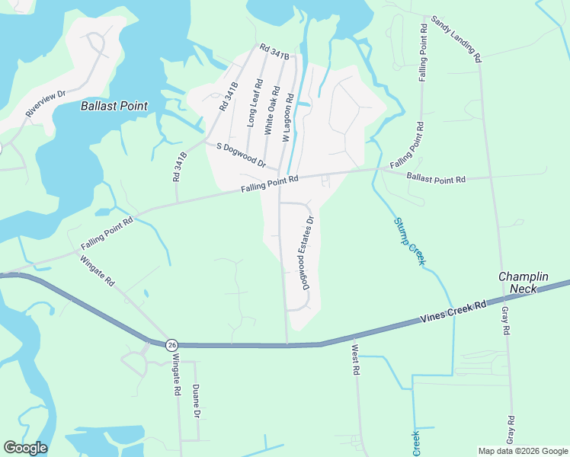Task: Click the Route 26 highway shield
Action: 172,344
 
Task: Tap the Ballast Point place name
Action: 114,106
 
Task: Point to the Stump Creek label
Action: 408,241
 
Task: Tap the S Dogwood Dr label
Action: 241,155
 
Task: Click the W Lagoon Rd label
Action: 288,119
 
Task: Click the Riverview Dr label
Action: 46,104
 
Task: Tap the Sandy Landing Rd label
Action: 456,39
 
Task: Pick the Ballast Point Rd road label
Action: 436,180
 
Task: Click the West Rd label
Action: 355,360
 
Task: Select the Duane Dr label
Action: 196,401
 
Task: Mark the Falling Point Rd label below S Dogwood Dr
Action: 269,184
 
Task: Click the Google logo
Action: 25,448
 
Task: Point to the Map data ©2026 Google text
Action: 521,451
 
